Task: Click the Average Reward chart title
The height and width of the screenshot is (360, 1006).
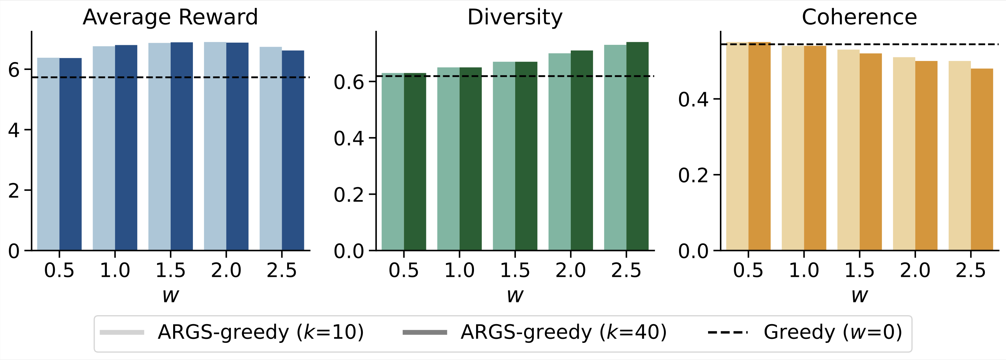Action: tap(170, 17)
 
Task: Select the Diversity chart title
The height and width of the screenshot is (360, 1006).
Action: tap(515, 17)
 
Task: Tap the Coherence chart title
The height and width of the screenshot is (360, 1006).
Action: tap(859, 17)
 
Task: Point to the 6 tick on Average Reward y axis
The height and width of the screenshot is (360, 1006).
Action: tap(14, 70)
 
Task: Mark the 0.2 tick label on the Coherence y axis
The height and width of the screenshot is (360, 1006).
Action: tap(693, 175)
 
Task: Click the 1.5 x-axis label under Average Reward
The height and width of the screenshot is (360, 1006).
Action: tap(170, 270)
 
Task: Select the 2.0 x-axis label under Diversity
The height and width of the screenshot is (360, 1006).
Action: tap(570, 270)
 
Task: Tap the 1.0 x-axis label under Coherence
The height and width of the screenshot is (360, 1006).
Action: tap(804, 270)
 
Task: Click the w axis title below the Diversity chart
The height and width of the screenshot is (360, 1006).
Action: tap(515, 295)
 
